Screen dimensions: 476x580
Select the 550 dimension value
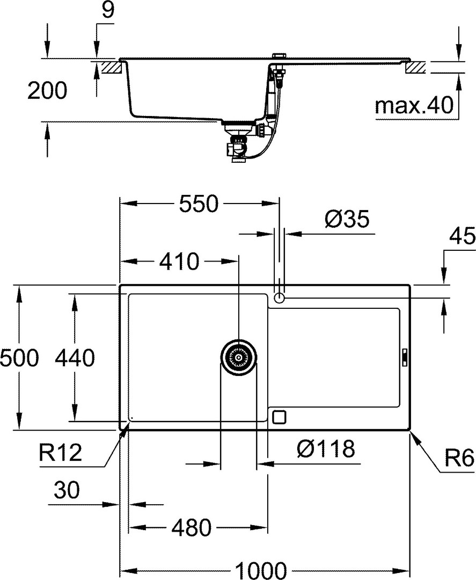tap(199, 204)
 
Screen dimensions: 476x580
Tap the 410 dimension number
tap(179, 262)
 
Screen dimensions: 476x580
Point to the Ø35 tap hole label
tap(347, 219)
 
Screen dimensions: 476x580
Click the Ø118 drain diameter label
tap(326, 448)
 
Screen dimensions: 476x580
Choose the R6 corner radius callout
tap(459, 459)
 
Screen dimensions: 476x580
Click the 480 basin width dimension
tap(192, 527)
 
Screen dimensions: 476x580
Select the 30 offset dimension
tap(67, 490)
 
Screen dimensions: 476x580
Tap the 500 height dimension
tap(19, 358)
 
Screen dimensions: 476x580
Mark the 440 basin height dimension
tap(75, 358)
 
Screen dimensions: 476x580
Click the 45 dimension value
tap(463, 236)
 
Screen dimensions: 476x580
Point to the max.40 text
tap(414, 105)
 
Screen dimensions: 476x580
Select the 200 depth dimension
tap(47, 90)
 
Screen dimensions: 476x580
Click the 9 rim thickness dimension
tap(108, 10)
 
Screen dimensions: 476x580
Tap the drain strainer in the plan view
tap(239, 358)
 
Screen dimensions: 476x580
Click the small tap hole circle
tap(279, 298)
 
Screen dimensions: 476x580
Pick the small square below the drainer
tap(279, 417)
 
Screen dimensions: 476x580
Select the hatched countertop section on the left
tap(112, 67)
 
